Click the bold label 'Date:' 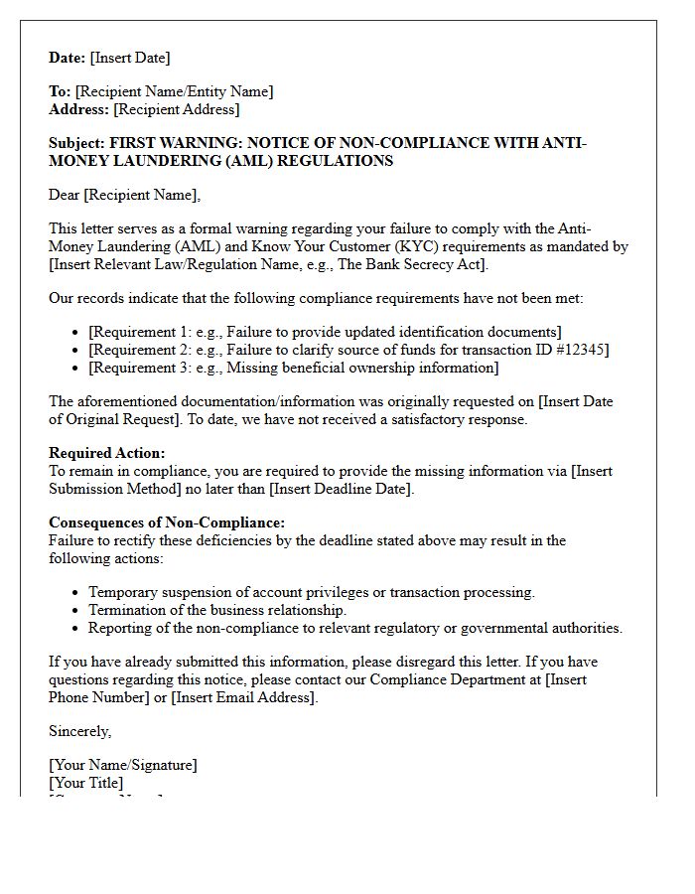tap(68, 58)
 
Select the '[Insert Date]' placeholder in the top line tap(130, 58)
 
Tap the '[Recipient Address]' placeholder tap(177, 109)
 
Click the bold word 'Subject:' tap(76, 143)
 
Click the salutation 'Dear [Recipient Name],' tap(124, 195)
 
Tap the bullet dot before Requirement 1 tap(77, 333)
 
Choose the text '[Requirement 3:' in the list tap(138, 368)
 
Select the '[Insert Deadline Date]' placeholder tap(341, 489)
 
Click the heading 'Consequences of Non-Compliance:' tap(167, 522)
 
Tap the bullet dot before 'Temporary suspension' tap(77, 593)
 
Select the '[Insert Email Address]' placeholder tap(244, 697)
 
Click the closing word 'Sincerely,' tap(80, 731)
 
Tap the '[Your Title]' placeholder tap(86, 783)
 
